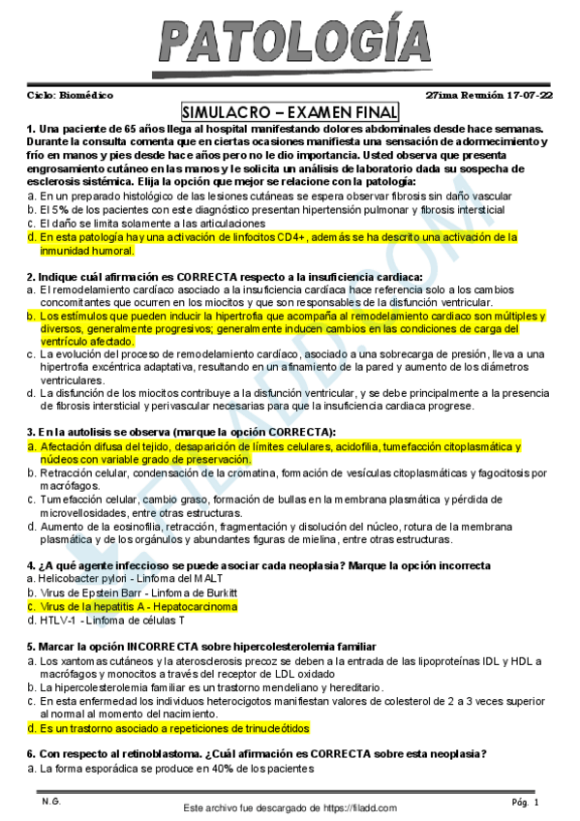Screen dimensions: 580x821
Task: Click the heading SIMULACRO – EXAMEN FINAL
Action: tap(289, 111)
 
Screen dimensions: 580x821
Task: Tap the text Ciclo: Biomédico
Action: tap(70, 95)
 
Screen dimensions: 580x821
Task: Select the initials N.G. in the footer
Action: tap(50, 802)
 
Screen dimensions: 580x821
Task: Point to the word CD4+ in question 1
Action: tap(291, 236)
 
